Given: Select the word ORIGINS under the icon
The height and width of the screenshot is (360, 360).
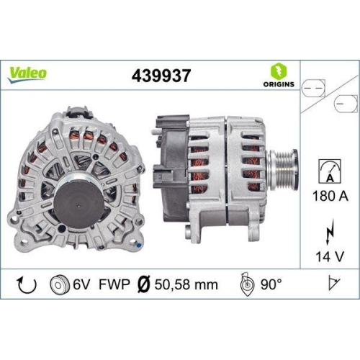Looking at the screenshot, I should pyautogui.click(x=279, y=84).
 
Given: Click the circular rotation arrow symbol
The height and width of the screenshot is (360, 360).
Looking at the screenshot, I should pyautogui.click(x=27, y=285).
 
